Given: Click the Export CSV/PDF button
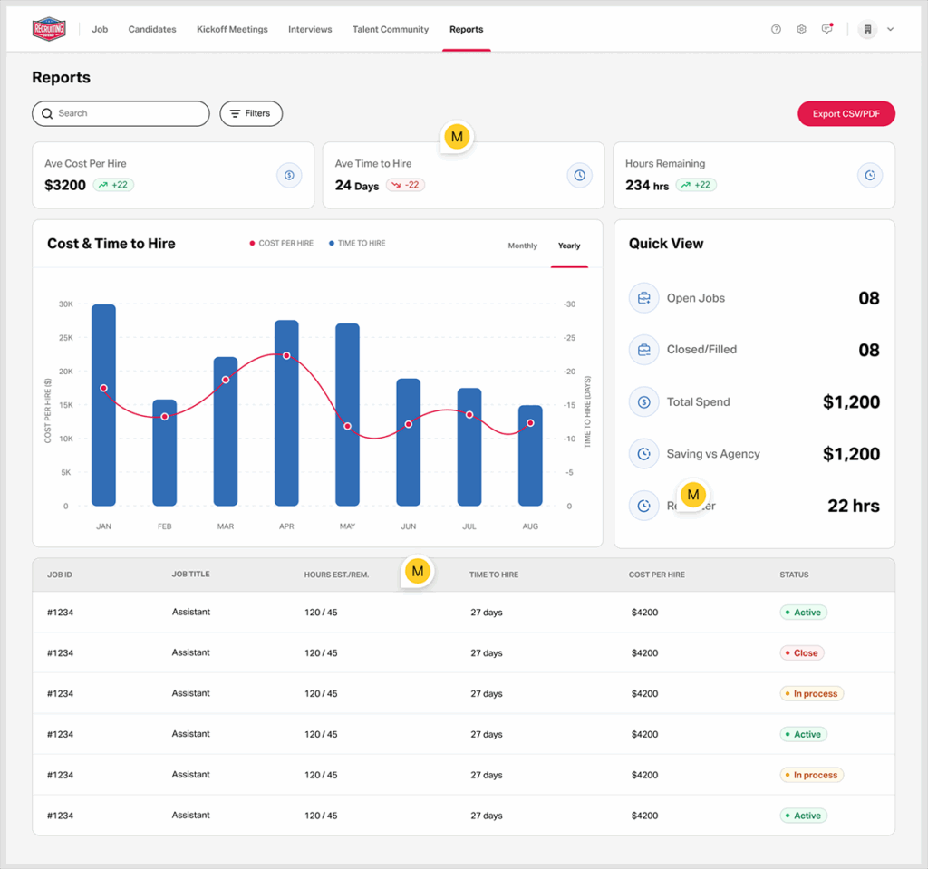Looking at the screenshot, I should (846, 114).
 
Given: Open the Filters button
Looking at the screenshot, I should (251, 114).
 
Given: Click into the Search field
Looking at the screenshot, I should (121, 114).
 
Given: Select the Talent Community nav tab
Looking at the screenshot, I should (391, 30).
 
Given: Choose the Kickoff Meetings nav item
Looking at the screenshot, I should (232, 30).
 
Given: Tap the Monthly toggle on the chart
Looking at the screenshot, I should (522, 246).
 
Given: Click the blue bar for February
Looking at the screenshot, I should (165, 452).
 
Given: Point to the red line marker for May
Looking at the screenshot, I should (347, 426).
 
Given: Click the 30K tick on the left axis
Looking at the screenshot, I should (65, 304).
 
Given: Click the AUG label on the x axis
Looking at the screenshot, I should (530, 526).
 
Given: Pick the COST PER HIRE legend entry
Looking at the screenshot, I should (282, 244).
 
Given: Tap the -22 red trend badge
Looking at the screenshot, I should (405, 185).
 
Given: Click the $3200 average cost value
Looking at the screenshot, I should (65, 186).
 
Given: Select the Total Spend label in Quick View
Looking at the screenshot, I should (698, 402).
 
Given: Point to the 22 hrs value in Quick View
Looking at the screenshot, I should (853, 507).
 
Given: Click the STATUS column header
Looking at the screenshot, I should (794, 575).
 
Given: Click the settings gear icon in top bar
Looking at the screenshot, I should (801, 30).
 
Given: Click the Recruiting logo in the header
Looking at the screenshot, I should (49, 30).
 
